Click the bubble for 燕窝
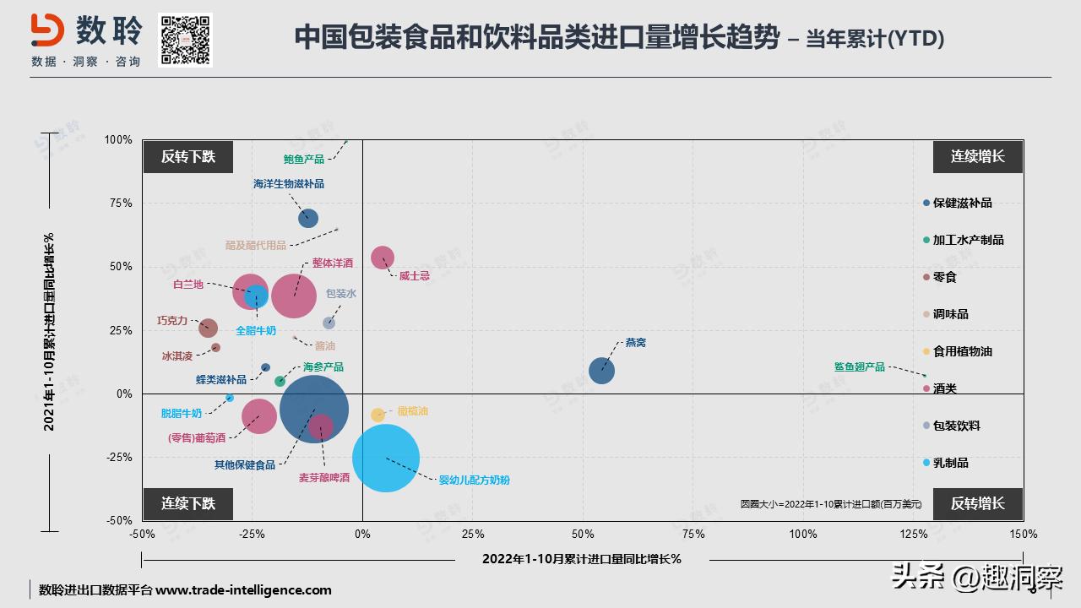601,370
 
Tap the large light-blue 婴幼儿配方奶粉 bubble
386,459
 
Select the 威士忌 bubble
383,258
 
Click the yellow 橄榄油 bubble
378,415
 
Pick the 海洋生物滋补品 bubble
308,218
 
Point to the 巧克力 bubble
208,328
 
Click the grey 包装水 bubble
329,323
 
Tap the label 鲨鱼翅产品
859,366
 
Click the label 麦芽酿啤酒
323,478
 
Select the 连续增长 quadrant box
977,156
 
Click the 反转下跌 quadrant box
187,156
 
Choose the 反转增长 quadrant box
977,503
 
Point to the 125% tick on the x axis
913,534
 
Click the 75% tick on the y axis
119,203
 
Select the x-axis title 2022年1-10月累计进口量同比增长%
581,558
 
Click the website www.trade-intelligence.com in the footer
243,590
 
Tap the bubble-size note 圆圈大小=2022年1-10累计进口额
830,503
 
